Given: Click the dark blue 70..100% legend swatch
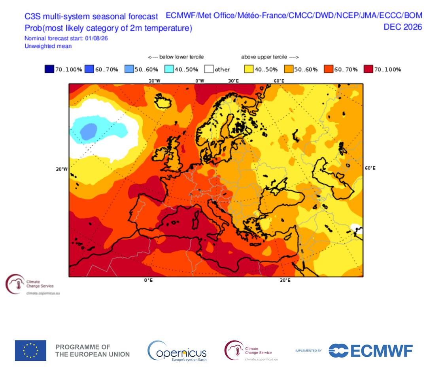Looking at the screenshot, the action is coord(49,69).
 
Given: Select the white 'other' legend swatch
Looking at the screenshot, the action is coord(209,69).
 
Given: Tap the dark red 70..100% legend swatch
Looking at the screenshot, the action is coord(368,69).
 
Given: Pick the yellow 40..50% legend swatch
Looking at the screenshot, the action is coord(249,69).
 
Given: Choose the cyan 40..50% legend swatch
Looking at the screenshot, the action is coord(169,69).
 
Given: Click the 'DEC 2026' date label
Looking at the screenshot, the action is coord(403,27).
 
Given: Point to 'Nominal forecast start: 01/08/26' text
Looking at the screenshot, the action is coord(66,38).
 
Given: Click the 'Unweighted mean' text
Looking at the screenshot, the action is coord(48,46).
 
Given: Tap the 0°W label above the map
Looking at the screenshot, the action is coord(200,81).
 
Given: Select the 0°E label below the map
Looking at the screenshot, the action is coord(148,280).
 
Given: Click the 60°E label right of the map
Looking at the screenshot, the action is coord(370,168).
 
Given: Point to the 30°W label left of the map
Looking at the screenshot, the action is coord(62,169).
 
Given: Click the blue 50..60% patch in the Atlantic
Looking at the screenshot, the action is coord(89,132).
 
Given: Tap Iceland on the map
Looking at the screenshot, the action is coord(163,101).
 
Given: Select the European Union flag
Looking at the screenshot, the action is coord(30,350).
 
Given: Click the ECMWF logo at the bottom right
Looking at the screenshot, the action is coord(370,350).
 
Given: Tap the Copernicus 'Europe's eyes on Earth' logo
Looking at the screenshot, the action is coord(177,351).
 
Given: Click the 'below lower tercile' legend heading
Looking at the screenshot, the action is coord(176,57).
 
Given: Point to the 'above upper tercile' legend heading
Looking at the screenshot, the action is coord(270,57).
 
